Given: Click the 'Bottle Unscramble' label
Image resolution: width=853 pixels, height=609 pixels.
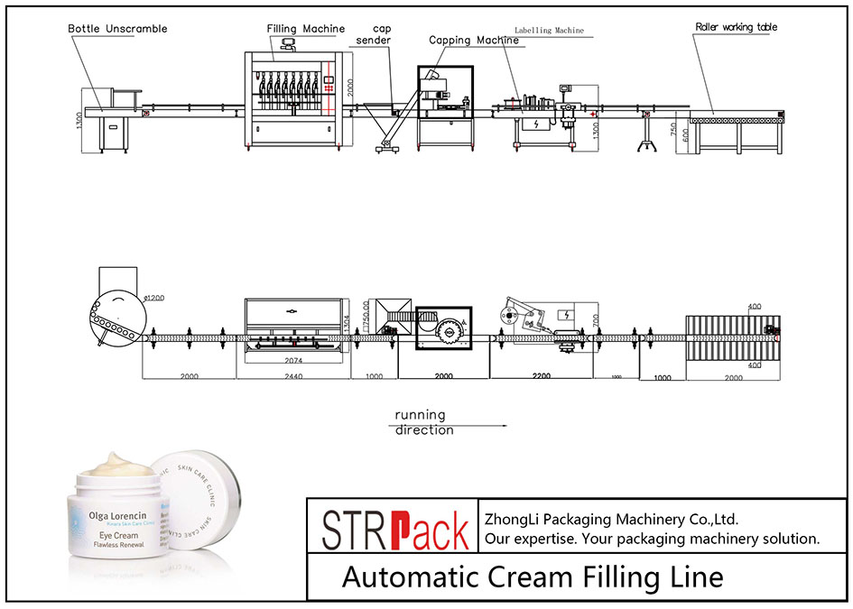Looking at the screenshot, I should [x=117, y=29].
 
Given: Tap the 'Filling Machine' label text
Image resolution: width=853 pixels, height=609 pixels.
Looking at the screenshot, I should [x=304, y=28].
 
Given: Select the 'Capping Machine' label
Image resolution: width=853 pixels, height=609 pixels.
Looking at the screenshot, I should [x=473, y=41].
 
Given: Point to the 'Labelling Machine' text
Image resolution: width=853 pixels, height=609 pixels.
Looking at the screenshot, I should [x=549, y=31].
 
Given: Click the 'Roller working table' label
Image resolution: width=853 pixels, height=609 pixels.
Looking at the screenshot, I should [x=736, y=28].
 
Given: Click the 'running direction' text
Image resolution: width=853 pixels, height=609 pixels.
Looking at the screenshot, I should [x=423, y=423].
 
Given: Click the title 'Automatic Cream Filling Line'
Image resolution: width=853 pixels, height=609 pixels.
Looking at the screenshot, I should [x=532, y=577].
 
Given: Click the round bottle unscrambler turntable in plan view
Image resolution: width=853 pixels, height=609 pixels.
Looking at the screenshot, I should [x=116, y=318].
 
